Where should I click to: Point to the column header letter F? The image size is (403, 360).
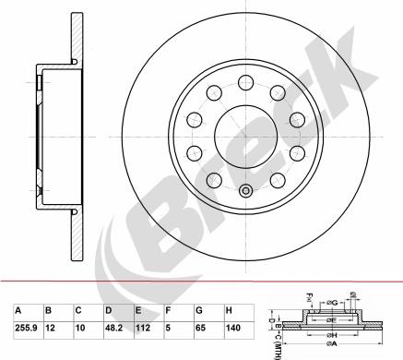tap(167, 311)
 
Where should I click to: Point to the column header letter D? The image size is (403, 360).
tap(109, 311)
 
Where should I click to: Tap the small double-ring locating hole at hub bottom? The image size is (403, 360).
tap(244, 191)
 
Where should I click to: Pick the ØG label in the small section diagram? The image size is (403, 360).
tap(354, 295)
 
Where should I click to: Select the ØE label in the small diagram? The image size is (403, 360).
tap(333, 320)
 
